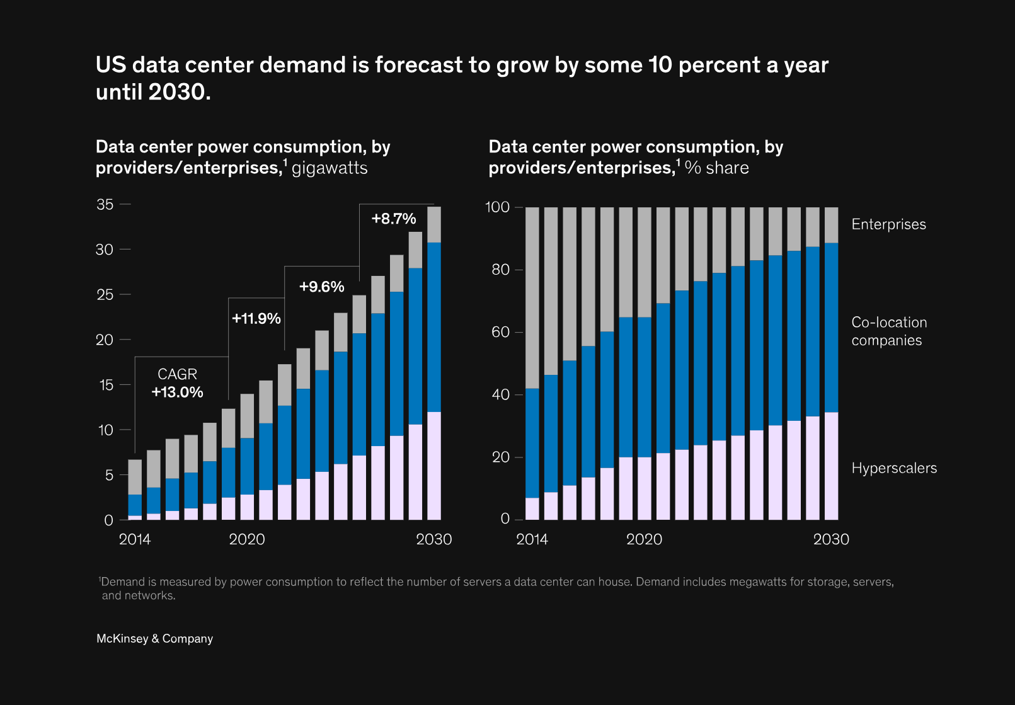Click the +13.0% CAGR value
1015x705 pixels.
coord(177,392)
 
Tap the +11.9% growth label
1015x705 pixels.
coord(256,318)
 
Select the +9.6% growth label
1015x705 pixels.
coord(321,287)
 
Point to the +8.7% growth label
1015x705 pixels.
coord(394,219)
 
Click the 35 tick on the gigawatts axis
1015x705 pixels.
coord(105,204)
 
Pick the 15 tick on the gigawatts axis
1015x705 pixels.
coord(106,385)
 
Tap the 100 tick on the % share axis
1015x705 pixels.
coord(497,207)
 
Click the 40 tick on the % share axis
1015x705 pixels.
coord(500,394)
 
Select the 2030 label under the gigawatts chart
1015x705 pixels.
coord(433,539)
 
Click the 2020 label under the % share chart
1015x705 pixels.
coord(644,539)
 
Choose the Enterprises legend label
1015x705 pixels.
coord(888,224)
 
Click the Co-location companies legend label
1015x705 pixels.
coord(888,331)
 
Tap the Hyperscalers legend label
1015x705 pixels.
coord(893,468)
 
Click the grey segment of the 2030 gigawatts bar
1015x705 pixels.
coord(434,224)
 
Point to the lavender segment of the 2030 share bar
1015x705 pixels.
coord(832,466)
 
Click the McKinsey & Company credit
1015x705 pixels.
coord(154,638)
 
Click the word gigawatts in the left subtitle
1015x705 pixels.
coord(330,168)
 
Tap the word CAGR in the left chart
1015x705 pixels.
coord(177,374)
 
